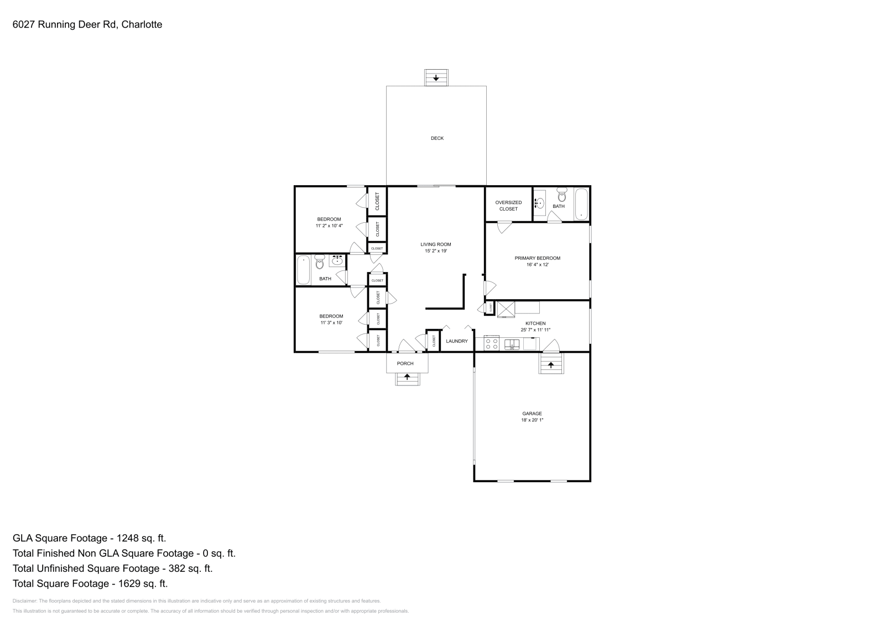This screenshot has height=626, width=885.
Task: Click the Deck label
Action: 437,138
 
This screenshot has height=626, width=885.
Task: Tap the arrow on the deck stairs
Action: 436,78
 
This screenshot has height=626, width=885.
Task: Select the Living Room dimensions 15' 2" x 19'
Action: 435,251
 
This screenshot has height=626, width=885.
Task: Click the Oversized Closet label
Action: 508,206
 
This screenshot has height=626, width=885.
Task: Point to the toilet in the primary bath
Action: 562,195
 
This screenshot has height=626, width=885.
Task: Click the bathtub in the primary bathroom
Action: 581,204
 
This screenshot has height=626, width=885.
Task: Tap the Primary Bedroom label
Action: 537,258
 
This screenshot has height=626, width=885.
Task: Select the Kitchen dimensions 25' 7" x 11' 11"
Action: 535,330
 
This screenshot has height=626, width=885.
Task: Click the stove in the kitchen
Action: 491,344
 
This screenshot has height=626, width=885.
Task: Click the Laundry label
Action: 457,341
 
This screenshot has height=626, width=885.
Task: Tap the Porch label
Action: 405,363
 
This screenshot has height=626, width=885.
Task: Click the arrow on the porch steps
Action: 408,377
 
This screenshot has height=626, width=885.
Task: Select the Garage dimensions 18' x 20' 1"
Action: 532,420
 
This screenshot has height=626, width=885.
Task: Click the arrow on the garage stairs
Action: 551,365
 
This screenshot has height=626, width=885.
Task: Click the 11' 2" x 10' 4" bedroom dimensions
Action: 329,226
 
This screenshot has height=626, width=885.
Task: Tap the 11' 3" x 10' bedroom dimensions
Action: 331,322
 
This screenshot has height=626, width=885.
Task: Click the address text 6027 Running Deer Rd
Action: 64,24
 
